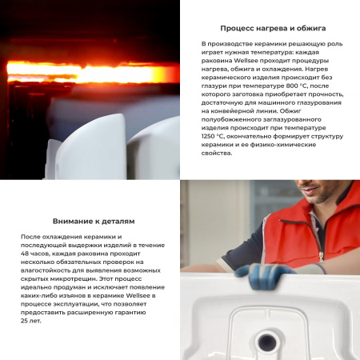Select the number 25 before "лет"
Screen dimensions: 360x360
[x=27, y=321]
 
